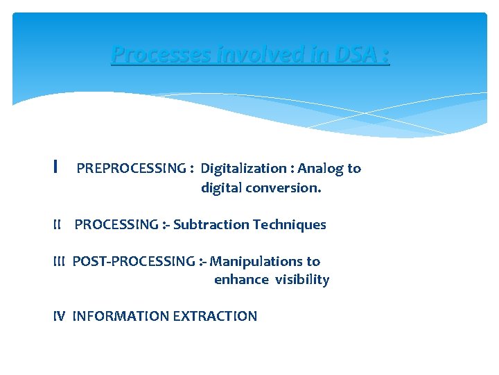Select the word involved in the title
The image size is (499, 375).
[240, 54]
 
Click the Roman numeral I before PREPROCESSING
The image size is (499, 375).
[55, 168]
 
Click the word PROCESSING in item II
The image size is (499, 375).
[116, 224]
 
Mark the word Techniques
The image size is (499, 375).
[290, 225]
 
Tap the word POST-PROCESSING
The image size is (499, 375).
[133, 261]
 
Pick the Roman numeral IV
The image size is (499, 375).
[59, 316]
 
